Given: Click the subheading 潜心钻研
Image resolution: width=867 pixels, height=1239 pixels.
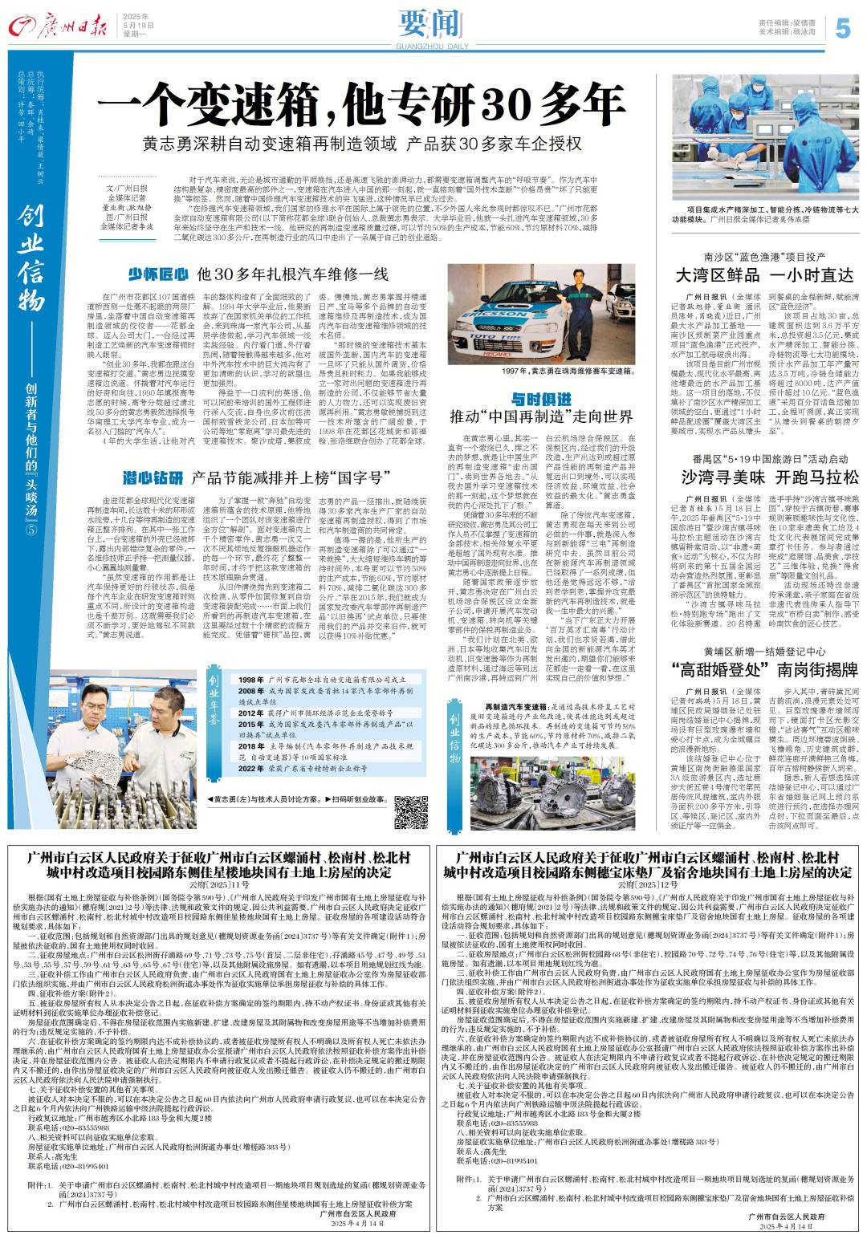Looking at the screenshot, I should (153, 479).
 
